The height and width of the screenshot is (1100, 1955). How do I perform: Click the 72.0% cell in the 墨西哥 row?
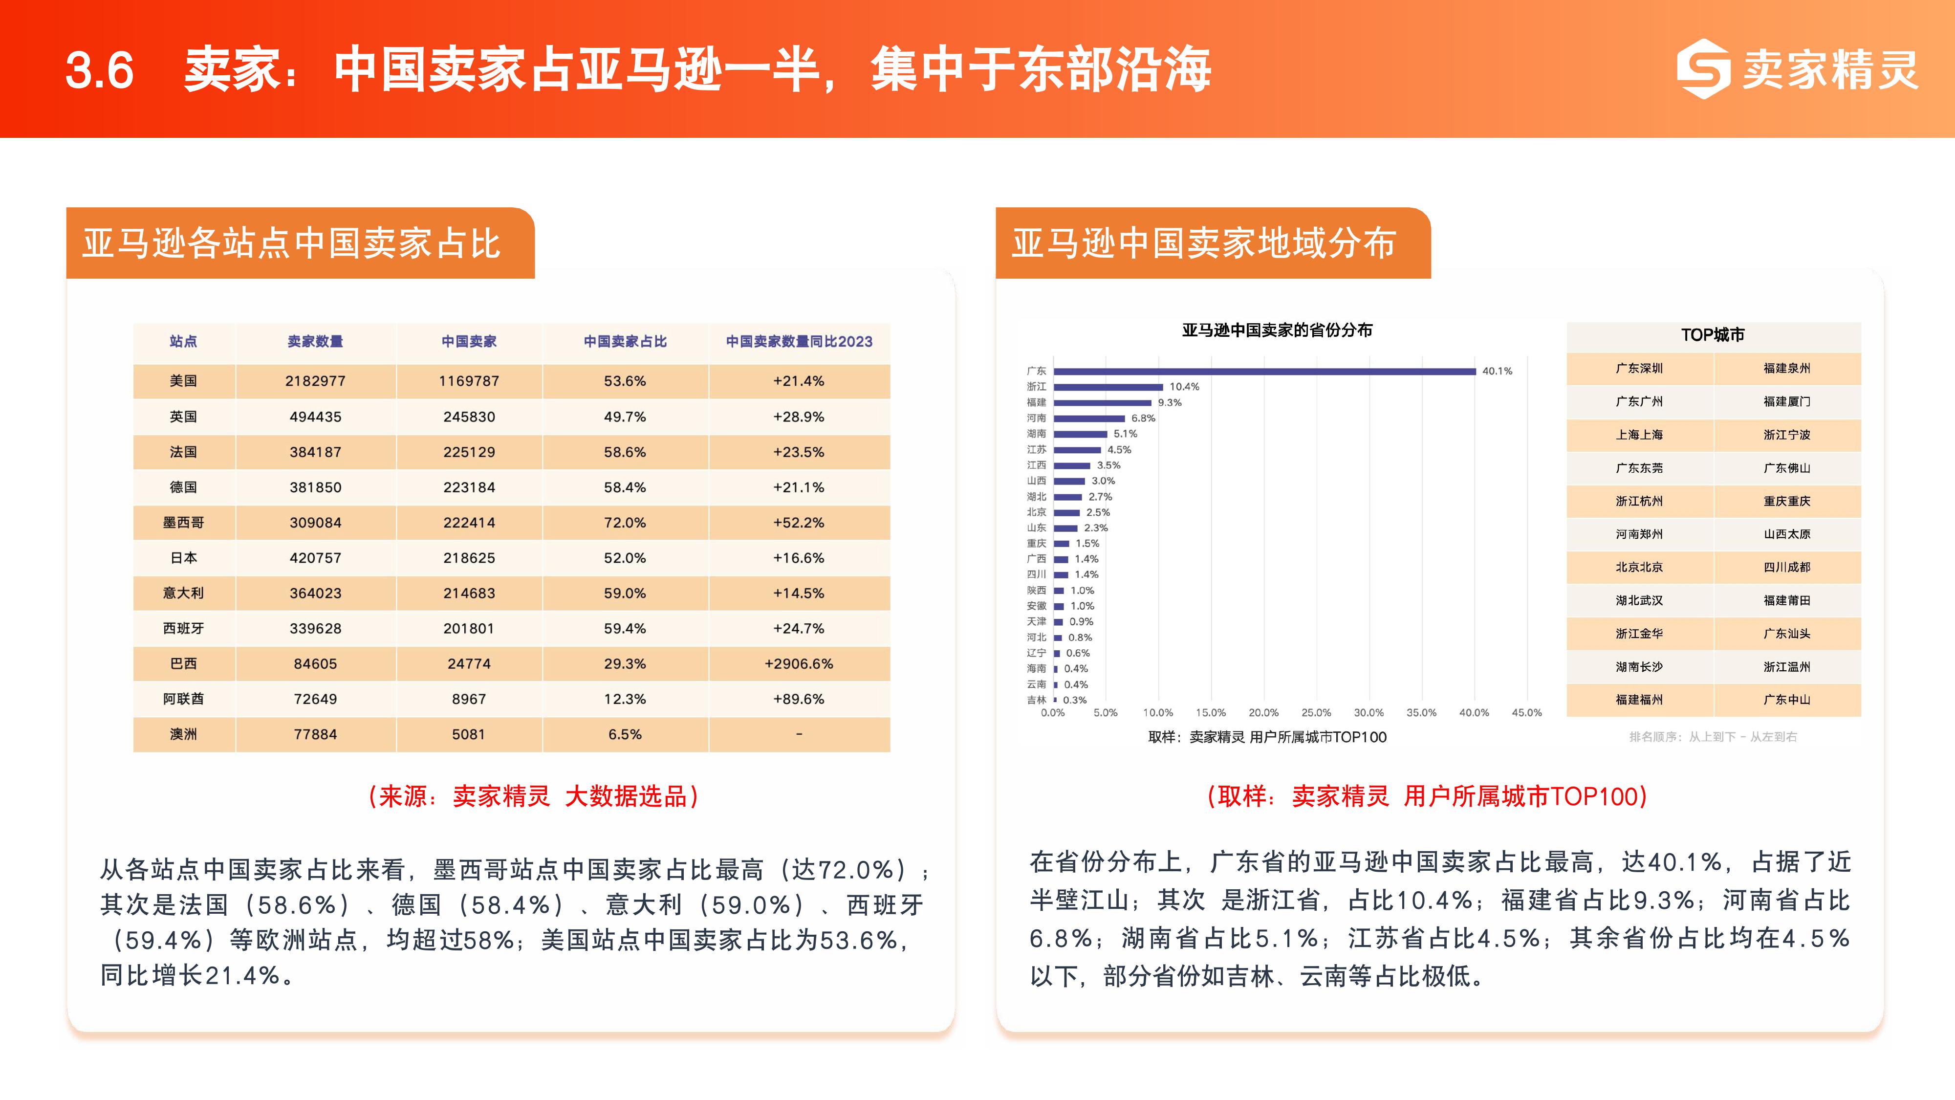tap(625, 522)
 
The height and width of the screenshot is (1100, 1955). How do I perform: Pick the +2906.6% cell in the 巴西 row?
tap(799, 663)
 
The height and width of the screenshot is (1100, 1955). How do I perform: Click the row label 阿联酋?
tap(183, 699)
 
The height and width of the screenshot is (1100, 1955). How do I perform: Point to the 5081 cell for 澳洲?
tap(468, 734)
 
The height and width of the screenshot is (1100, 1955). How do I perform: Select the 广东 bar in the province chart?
tap(1263, 371)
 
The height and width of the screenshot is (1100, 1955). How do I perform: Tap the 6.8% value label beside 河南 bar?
tap(1143, 418)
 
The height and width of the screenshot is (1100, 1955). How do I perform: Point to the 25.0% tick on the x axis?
tap(1316, 713)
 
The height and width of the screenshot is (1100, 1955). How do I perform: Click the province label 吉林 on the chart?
tap(1036, 700)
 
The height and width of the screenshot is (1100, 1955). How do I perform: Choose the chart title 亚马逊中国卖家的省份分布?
tap(1277, 330)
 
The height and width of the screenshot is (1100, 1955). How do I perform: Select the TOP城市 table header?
tap(1713, 335)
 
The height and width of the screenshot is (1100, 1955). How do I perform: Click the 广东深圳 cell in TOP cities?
tap(1639, 368)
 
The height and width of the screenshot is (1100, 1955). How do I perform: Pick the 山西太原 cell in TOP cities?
tap(1786, 534)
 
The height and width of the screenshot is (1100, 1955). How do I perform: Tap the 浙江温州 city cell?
tap(1786, 666)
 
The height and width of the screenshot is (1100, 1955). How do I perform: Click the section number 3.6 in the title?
tap(99, 70)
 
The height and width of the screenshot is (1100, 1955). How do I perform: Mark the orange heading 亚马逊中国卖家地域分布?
tap(1204, 243)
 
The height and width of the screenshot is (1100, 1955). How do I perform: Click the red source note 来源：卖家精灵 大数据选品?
tap(534, 796)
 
